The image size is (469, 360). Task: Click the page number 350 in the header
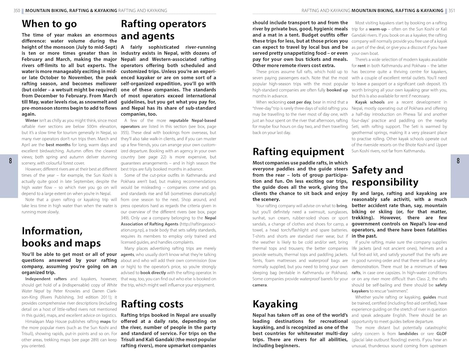pos(17,11)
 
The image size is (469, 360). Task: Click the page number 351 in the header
pos(452,11)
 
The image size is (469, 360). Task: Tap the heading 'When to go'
pos(49,24)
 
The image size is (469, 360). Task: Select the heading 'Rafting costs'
pos(152,304)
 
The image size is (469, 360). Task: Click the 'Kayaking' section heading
pos(275,304)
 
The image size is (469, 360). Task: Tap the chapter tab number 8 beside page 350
pos(11,161)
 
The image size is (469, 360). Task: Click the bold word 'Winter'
pos(32,120)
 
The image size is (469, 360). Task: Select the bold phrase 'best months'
pos(58,145)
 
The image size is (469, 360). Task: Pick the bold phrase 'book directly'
pos(153,273)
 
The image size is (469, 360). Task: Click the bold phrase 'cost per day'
pos(299,102)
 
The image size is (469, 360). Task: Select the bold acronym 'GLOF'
pos(441,334)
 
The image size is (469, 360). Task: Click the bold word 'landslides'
pos(408,334)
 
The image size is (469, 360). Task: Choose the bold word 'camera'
pos(260,285)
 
